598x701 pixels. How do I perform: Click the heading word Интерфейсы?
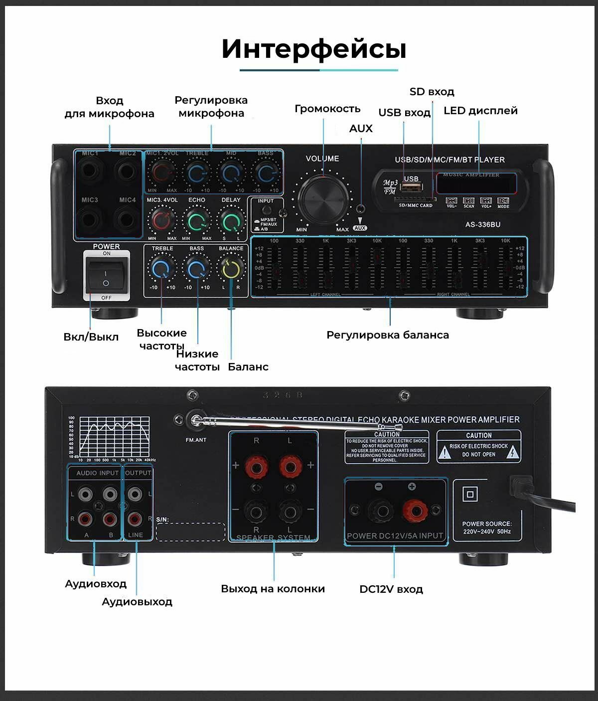313,49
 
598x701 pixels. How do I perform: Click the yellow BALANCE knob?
231,269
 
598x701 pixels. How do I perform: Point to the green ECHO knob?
197,220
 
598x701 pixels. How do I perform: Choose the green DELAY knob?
231,220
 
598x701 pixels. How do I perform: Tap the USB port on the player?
411,187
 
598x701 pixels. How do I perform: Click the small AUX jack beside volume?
360,209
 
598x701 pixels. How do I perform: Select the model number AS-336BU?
482,224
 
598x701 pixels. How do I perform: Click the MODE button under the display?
503,201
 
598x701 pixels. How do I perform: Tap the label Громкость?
327,109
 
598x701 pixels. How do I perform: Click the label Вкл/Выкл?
91,337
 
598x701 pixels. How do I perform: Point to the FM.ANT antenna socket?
195,420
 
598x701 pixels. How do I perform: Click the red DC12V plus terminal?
412,510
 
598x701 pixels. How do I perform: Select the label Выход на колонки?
273,589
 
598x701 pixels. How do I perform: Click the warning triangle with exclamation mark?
444,452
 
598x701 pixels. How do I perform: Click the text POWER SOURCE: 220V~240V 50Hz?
486,528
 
